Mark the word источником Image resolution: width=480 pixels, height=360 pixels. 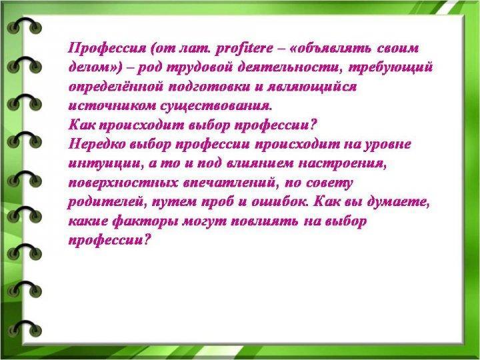pos(112,106)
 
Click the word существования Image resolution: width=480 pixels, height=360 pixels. pos(216,107)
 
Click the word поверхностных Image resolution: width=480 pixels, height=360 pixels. pos(123,183)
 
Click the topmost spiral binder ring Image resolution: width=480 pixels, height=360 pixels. pos(24,25)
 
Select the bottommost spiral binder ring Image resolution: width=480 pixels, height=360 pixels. pos(24,328)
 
